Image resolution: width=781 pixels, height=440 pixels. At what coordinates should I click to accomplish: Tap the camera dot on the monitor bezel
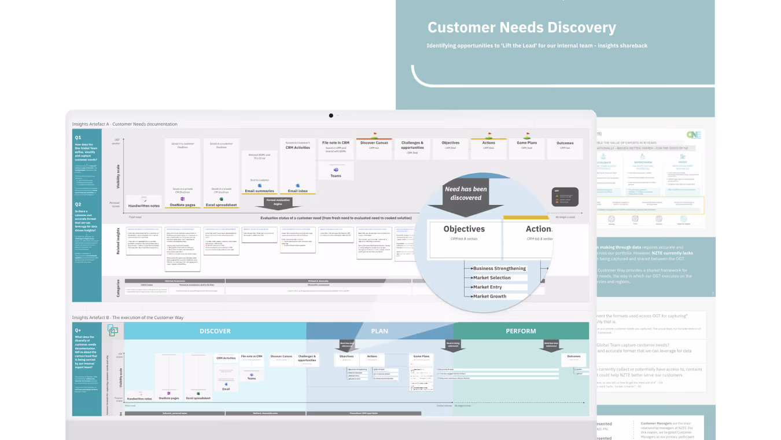click(x=331, y=115)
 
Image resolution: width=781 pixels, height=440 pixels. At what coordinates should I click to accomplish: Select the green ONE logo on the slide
click(x=694, y=134)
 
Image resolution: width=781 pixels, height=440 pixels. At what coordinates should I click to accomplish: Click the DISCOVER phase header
click(x=215, y=331)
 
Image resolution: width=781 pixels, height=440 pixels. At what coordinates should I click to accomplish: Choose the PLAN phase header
click(x=380, y=331)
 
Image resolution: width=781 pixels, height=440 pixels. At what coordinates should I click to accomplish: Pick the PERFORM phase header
click(x=521, y=331)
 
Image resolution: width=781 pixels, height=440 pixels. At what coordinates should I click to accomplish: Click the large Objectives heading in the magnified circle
click(x=464, y=229)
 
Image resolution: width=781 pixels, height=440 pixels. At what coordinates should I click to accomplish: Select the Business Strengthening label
click(x=499, y=269)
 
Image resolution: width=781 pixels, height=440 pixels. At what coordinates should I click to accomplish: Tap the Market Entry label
click(x=488, y=287)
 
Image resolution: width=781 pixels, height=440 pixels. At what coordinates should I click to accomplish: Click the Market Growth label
click(x=489, y=296)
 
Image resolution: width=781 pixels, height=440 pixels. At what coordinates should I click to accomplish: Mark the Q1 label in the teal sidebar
click(x=78, y=137)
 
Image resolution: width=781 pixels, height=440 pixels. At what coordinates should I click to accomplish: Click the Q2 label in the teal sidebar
click(x=78, y=204)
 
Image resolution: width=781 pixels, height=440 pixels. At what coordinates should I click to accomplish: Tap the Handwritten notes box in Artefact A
click(x=143, y=205)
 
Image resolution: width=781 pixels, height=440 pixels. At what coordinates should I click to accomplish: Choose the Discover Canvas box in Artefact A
click(x=374, y=143)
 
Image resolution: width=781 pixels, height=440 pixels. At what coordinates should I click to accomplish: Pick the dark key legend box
click(x=564, y=197)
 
